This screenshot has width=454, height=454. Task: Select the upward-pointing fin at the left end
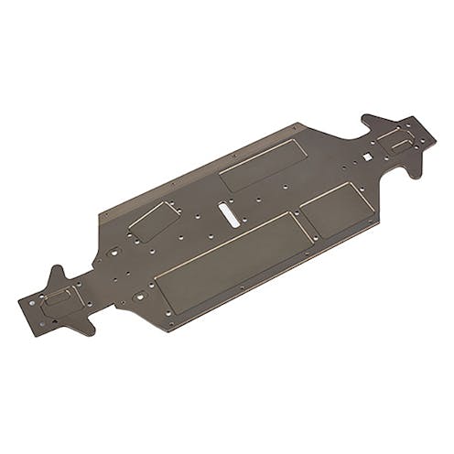57,274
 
